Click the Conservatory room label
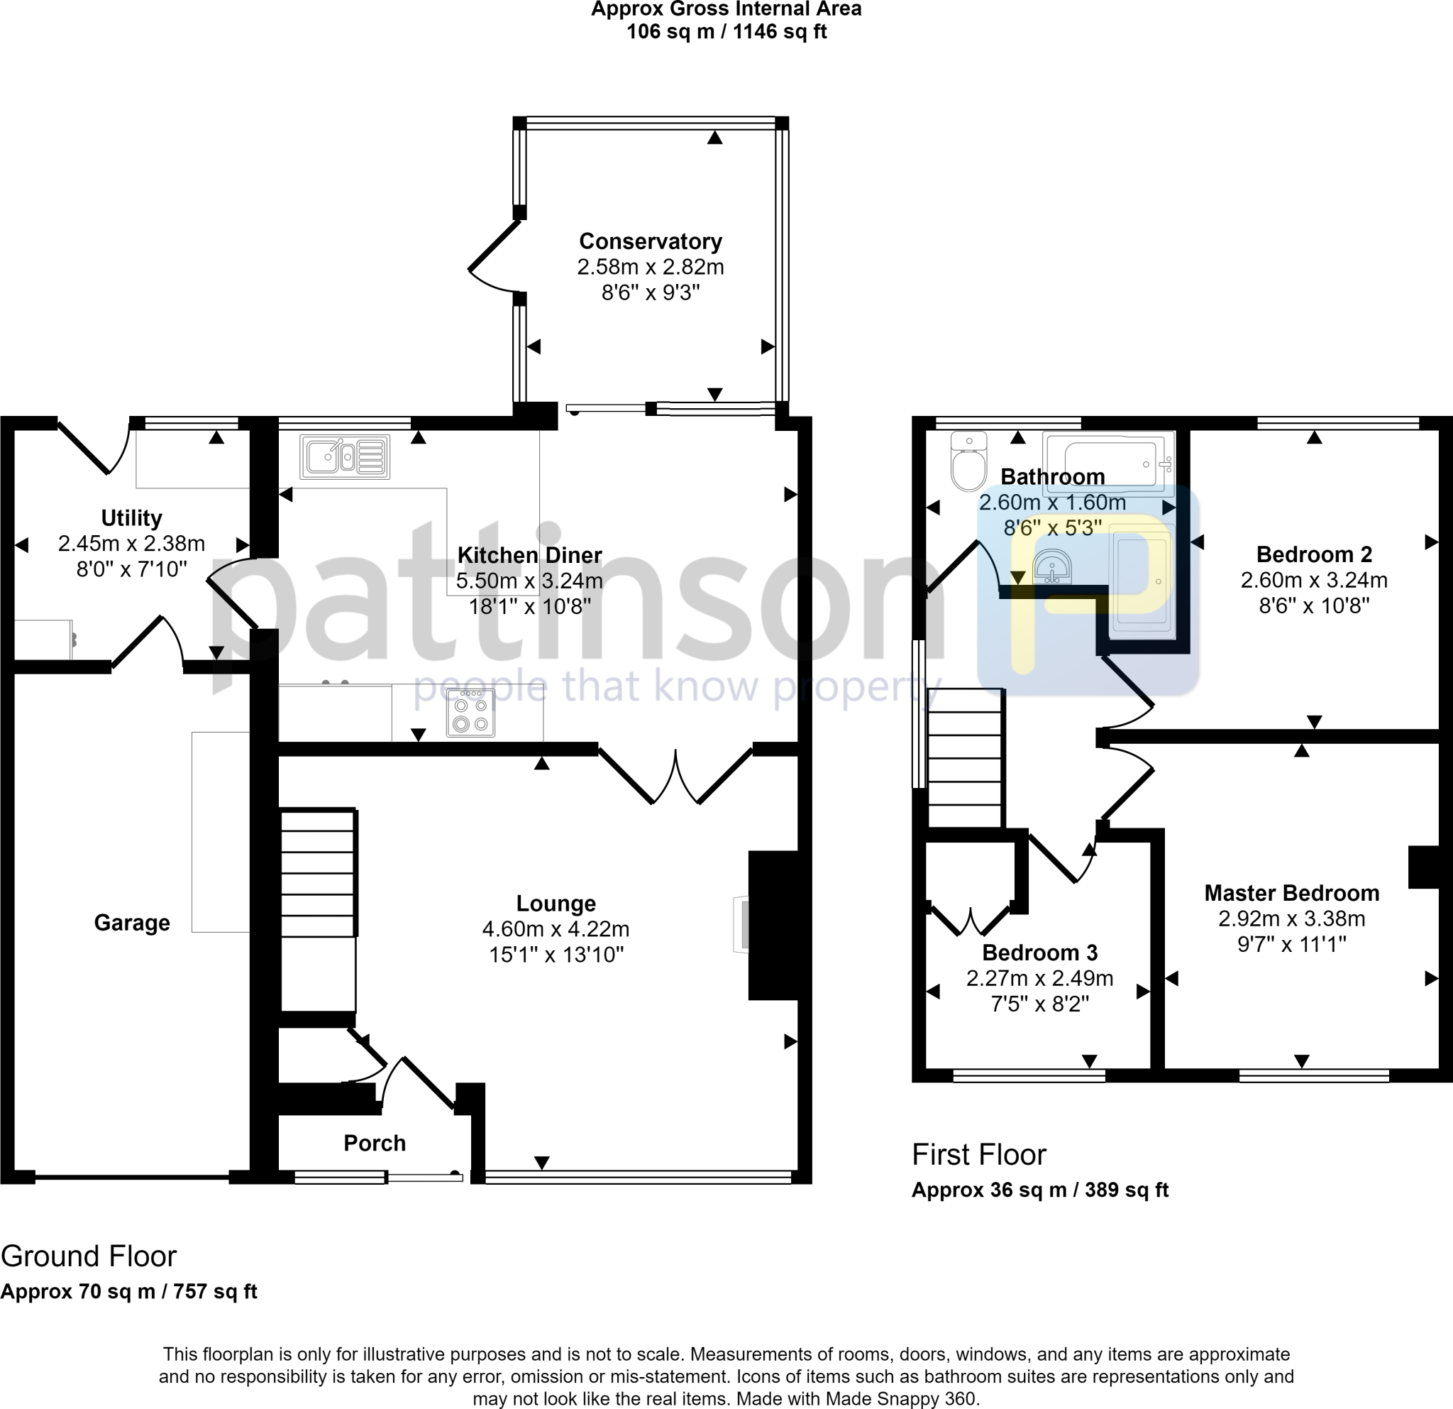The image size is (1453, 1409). pyautogui.click(x=650, y=242)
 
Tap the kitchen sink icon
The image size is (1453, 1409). pyautogui.click(x=345, y=456)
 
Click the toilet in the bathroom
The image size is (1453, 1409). pyautogui.click(x=969, y=463)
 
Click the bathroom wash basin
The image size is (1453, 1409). pyautogui.click(x=1051, y=567)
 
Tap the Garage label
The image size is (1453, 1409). pyautogui.click(x=132, y=923)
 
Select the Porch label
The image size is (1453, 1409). pyautogui.click(x=375, y=1143)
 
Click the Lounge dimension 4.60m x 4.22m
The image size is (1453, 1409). pyautogui.click(x=556, y=929)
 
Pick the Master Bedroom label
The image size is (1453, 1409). pyautogui.click(x=1291, y=893)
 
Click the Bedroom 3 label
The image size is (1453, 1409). pyautogui.click(x=1039, y=952)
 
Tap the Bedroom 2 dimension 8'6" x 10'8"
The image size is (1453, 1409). pyautogui.click(x=1314, y=606)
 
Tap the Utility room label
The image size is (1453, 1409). pyautogui.click(x=131, y=517)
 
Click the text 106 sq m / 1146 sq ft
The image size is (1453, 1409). pyautogui.click(x=726, y=32)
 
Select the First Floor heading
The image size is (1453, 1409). pyautogui.click(x=978, y=1155)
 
